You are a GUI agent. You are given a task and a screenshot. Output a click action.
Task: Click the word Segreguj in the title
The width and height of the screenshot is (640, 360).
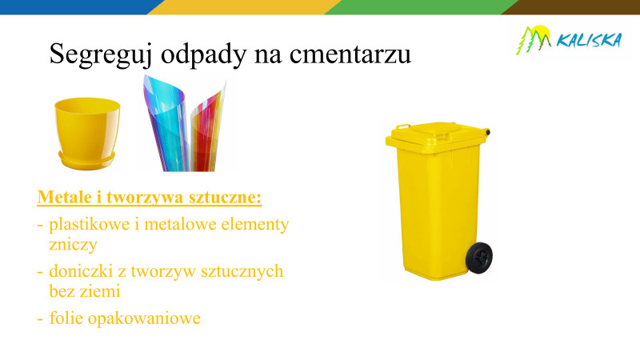101,54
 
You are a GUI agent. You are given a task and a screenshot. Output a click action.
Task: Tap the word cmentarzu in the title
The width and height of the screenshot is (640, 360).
350,54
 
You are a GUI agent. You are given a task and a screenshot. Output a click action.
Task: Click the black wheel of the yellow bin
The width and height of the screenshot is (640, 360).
479,257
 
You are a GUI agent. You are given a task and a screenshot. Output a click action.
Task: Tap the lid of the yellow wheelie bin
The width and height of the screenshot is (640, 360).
437,134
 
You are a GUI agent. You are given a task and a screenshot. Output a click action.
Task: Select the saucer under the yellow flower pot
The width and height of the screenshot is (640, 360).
87,161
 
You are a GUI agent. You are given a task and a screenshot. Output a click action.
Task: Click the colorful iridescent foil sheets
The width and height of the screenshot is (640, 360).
185,124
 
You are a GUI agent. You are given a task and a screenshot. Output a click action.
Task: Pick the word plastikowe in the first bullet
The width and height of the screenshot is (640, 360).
90,224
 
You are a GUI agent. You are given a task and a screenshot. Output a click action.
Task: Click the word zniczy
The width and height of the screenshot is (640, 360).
73,245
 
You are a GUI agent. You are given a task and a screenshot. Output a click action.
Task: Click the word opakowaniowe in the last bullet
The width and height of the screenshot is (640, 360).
144,318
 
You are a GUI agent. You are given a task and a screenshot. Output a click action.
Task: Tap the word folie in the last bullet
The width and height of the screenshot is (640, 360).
66,318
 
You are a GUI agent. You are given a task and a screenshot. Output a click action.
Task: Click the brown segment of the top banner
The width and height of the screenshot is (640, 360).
570,7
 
